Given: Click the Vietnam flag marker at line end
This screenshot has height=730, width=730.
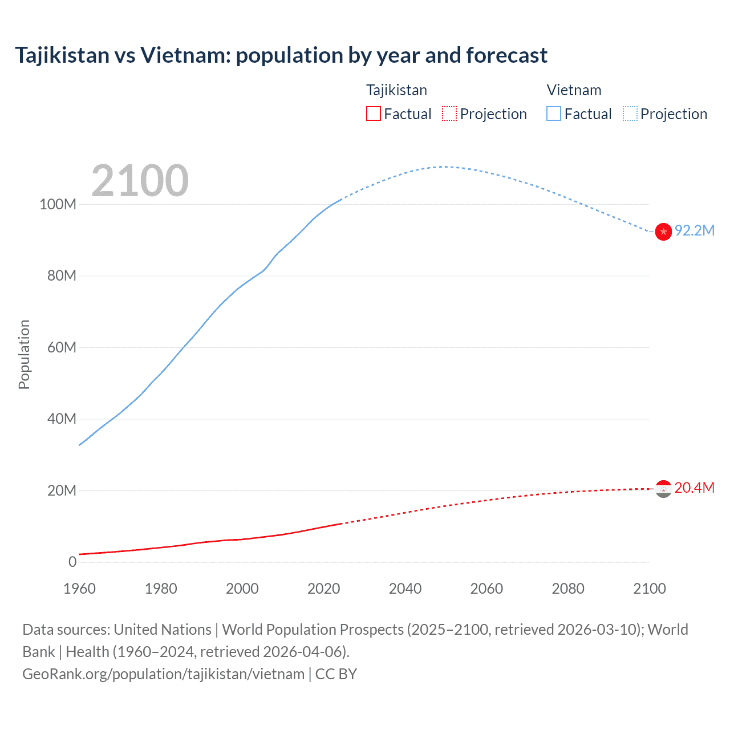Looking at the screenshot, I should click(663, 232).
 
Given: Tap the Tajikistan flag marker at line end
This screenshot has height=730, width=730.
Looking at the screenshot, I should click(663, 489).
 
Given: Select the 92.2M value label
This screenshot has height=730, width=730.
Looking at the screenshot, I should click(695, 230).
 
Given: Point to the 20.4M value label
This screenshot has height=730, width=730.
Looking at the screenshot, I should click(695, 488).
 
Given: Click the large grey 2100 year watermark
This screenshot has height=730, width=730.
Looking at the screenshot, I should click(140, 181).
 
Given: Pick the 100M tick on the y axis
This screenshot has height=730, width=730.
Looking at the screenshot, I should click(58, 204).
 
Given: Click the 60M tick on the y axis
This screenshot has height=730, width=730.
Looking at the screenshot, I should click(62, 347).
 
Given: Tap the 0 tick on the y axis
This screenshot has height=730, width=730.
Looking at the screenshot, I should click(72, 562).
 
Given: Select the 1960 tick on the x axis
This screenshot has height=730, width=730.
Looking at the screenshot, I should click(79, 589).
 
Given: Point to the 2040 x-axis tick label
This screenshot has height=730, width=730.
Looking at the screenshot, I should click(405, 589).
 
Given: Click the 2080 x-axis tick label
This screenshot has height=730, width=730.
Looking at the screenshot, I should click(568, 589).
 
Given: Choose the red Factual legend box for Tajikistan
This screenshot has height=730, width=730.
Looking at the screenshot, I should click(374, 113).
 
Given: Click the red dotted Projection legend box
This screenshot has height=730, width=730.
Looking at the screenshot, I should click(449, 113).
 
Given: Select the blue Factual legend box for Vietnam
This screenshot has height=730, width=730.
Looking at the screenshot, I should click(554, 113).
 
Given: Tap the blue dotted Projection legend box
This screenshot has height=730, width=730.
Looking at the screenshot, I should click(630, 113).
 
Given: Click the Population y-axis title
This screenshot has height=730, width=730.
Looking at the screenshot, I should click(24, 354).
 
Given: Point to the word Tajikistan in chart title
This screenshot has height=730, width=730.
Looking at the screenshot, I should click(62, 55).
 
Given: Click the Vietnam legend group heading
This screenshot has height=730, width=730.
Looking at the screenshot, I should click(574, 90).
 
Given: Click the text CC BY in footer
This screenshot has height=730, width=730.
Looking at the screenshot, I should click(336, 674).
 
